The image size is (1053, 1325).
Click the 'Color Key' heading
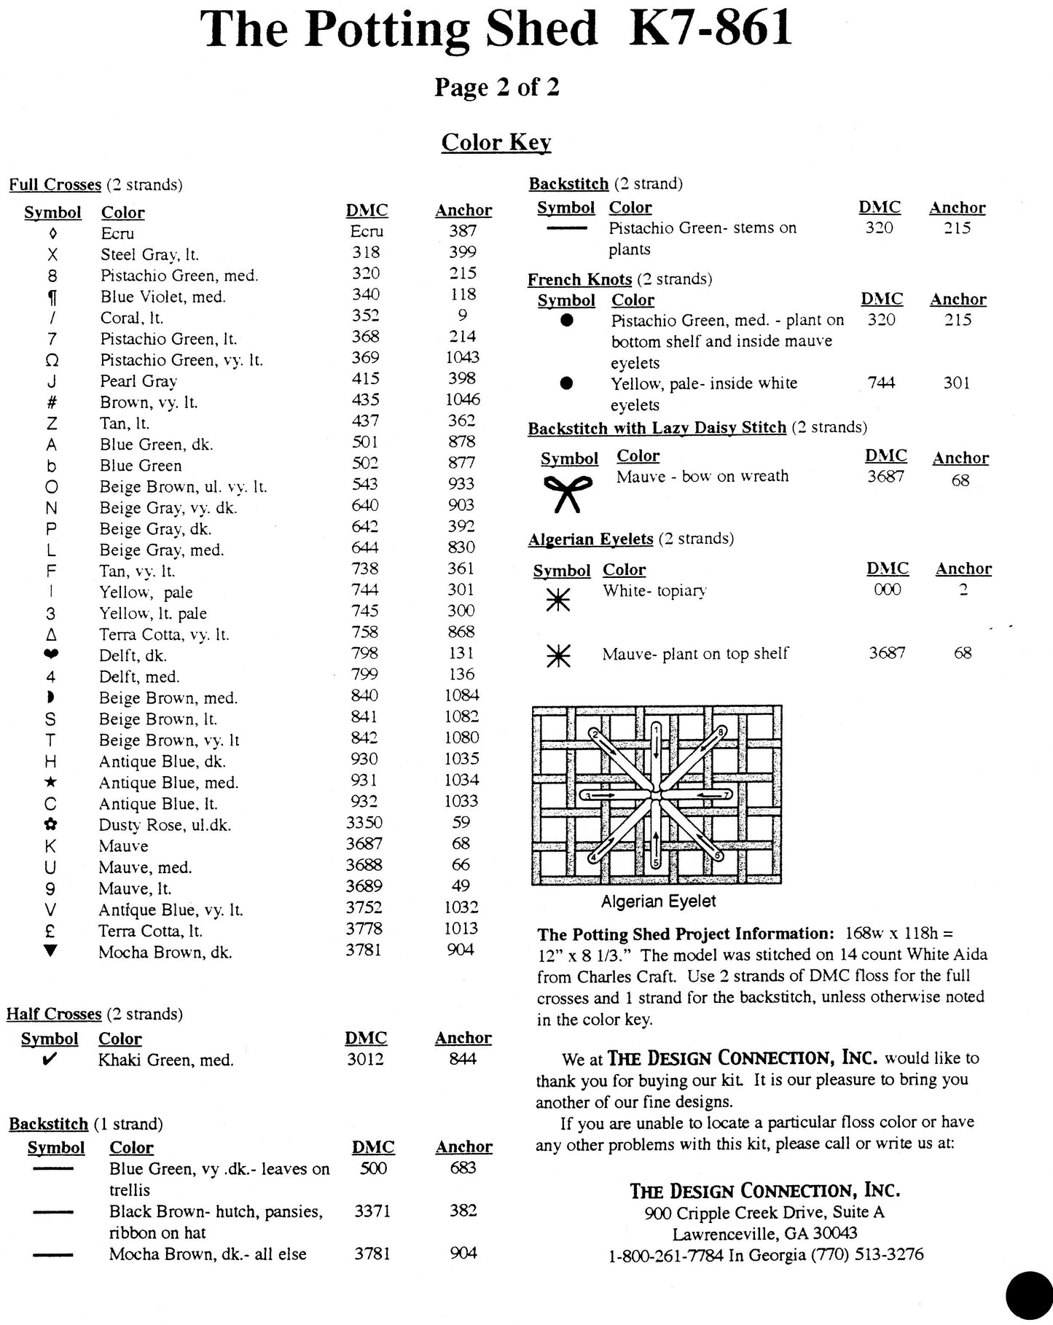tap(496, 142)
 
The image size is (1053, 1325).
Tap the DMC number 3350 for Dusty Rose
tap(364, 823)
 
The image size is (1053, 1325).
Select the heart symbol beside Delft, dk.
tap(51, 654)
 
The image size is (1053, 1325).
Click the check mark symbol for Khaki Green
tap(50, 1060)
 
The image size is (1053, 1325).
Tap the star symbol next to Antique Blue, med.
tap(50, 783)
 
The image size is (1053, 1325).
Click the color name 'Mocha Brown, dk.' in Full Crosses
tap(165, 952)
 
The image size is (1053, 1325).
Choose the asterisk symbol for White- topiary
tap(558, 599)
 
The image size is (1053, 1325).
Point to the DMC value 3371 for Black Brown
tap(372, 1211)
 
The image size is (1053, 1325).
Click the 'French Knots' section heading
tap(579, 280)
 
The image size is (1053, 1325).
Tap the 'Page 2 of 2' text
tap(496, 87)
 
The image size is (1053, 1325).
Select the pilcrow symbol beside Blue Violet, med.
tap(52, 297)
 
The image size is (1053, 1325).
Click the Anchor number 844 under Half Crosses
tap(463, 1059)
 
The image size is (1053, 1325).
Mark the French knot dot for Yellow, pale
tap(568, 383)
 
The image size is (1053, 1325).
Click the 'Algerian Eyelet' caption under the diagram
tap(658, 902)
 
